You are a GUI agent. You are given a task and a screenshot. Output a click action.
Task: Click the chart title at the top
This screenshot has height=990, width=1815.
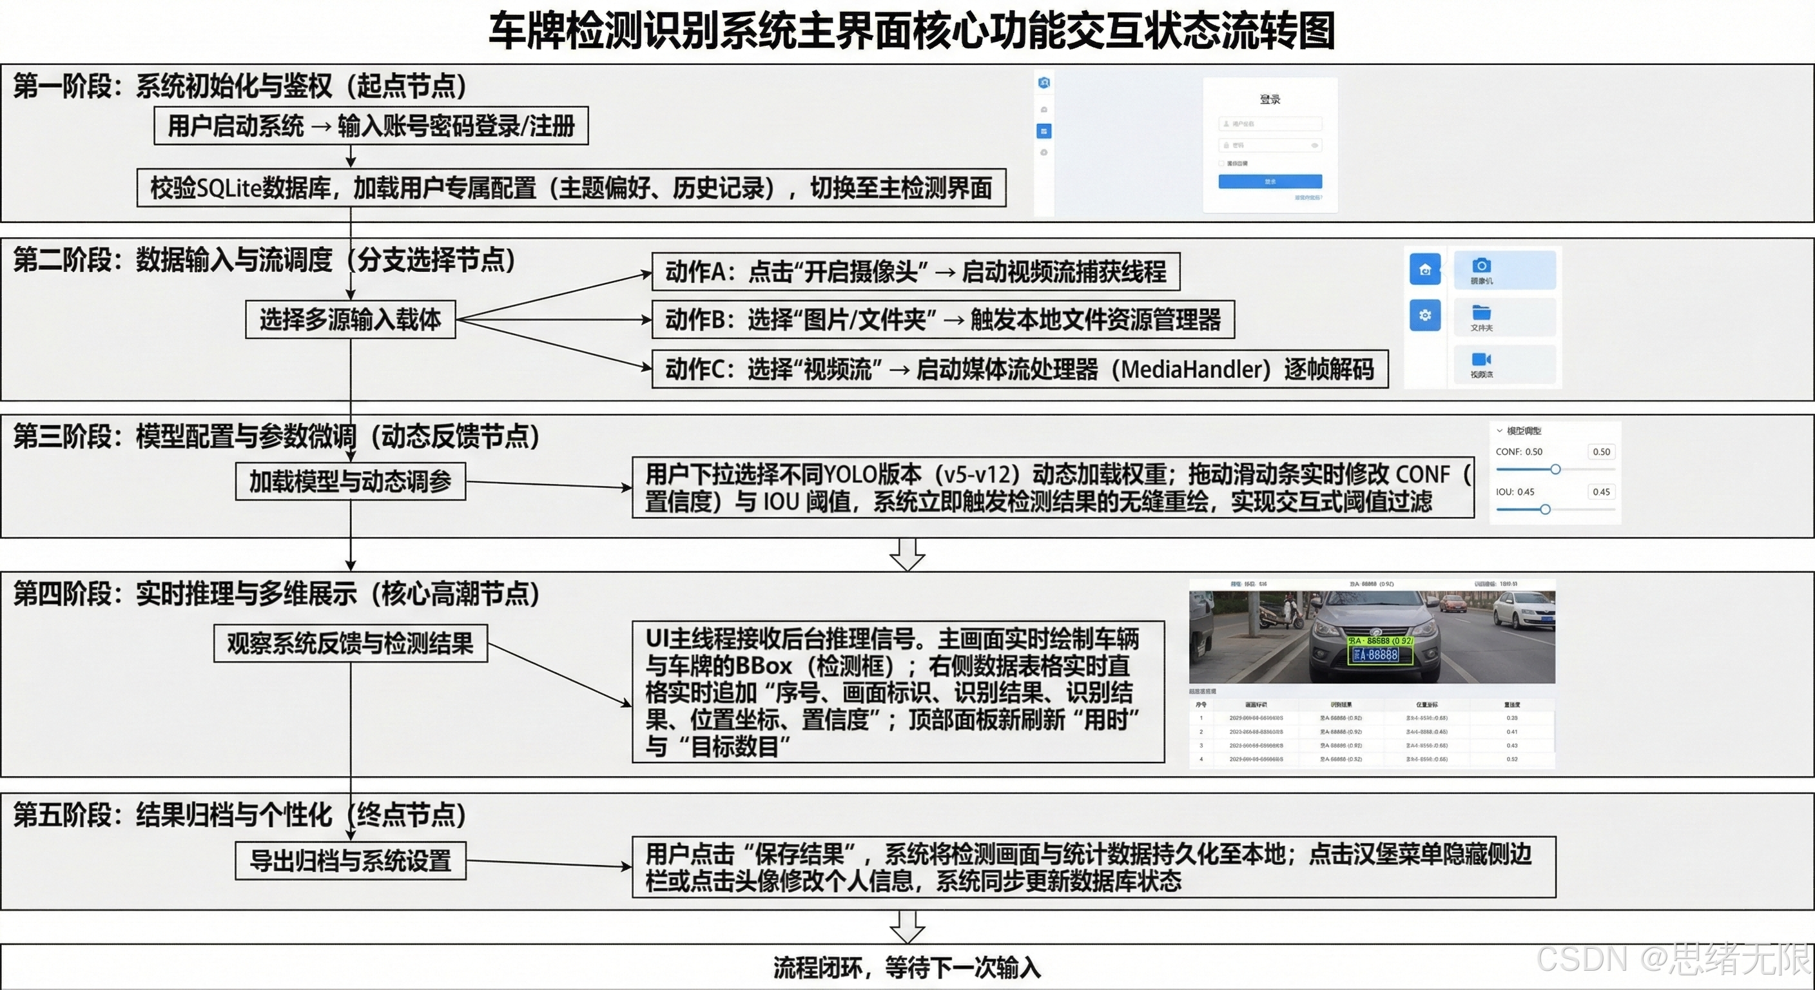tap(912, 31)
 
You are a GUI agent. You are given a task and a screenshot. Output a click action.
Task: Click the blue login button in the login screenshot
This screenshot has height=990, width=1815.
tap(1270, 181)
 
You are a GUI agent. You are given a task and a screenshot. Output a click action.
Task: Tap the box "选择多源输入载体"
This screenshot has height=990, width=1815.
tap(350, 319)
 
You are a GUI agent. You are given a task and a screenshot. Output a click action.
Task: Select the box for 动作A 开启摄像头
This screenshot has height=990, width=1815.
tap(915, 271)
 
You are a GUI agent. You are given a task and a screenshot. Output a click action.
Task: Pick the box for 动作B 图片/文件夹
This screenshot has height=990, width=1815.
tap(942, 320)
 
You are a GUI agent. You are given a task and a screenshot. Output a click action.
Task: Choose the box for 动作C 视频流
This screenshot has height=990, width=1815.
tap(1019, 369)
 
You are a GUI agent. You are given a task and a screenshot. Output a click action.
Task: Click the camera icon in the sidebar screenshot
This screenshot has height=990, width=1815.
tap(1481, 266)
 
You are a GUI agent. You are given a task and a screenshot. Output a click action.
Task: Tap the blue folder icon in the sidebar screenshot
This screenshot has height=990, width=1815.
tap(1481, 312)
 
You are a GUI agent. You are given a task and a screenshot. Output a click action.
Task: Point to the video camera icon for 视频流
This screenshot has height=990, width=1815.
tap(1481, 360)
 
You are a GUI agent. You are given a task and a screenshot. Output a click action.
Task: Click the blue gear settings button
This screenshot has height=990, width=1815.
tap(1424, 315)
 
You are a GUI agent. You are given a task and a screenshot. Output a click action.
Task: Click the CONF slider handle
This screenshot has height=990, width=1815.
tap(1555, 469)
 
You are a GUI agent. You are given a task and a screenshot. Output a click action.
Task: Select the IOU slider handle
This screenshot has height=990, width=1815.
tap(1545, 509)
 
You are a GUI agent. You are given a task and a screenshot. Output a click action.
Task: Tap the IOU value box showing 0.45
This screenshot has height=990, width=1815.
tap(1601, 492)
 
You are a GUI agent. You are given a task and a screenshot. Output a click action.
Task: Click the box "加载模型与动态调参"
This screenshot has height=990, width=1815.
tap(350, 481)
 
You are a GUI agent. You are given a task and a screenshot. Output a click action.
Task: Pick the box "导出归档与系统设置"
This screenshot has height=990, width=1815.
tap(350, 860)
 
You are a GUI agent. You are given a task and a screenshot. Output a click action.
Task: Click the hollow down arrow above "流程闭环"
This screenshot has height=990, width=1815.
tap(907, 926)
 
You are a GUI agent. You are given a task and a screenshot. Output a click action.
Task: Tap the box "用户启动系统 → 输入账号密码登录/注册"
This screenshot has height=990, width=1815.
tap(371, 126)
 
